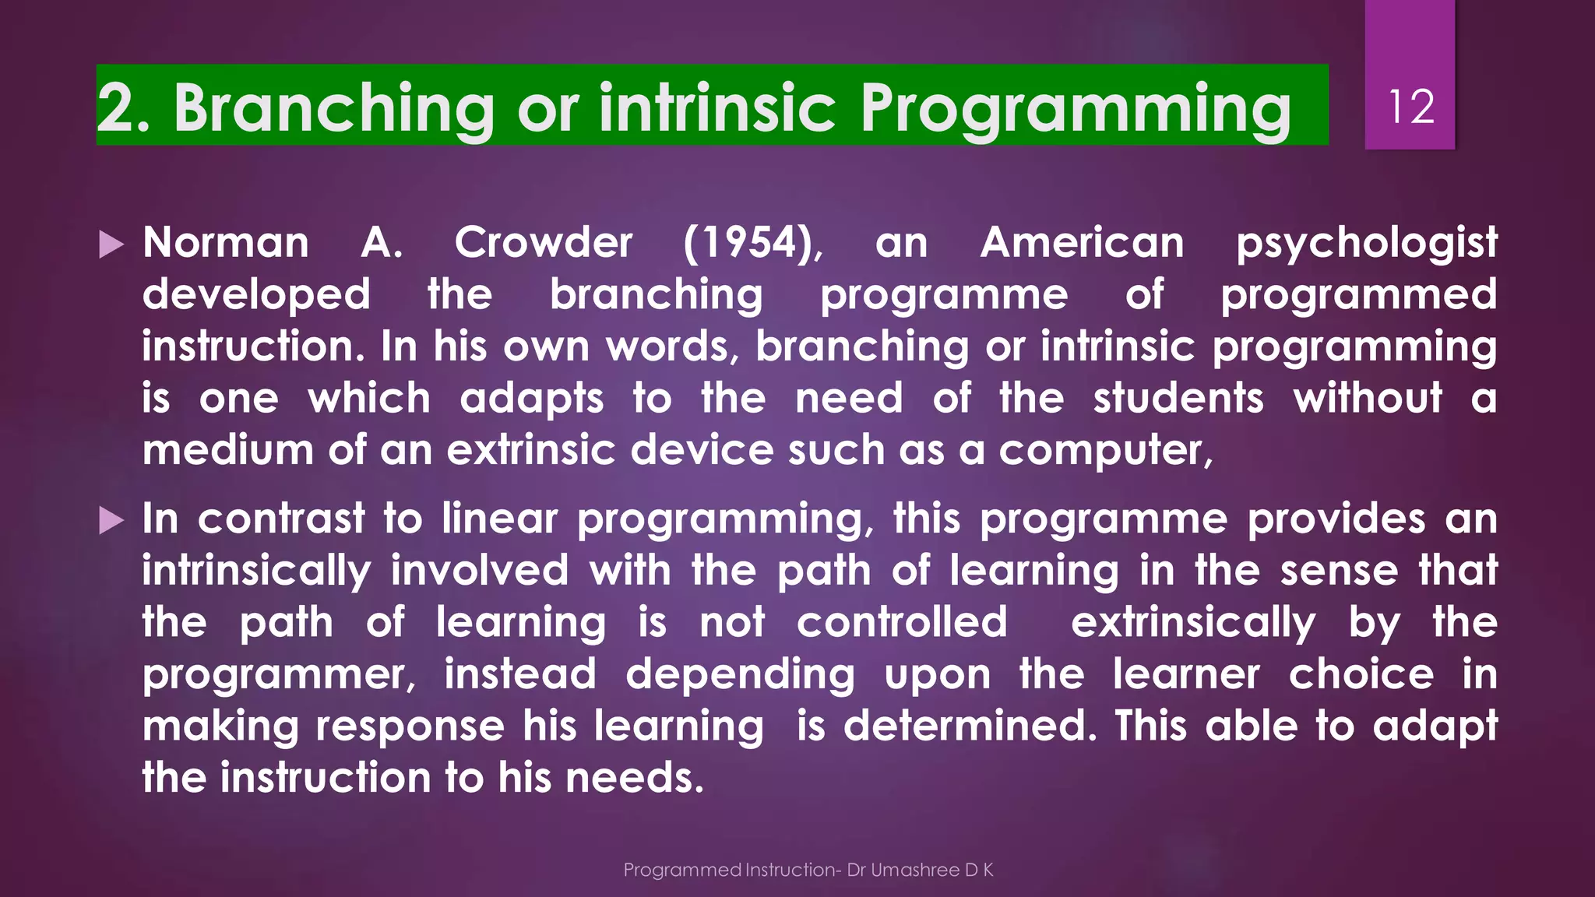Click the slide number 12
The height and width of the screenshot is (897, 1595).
[x=1410, y=107]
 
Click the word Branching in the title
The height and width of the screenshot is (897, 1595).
[x=333, y=108]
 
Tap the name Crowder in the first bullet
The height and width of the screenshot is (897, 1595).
[x=543, y=243]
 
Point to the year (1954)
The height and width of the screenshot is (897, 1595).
[x=752, y=243]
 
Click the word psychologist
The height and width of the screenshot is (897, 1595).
[x=1366, y=243]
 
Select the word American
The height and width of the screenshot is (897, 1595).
[x=1082, y=243]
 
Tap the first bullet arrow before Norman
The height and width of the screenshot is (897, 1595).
[x=111, y=245]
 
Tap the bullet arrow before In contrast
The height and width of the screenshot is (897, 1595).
[x=111, y=521]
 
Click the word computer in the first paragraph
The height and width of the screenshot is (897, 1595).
[x=1105, y=451]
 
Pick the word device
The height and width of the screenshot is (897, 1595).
[x=699, y=451]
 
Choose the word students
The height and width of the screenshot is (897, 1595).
[x=1178, y=399]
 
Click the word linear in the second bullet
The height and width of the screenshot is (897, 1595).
[x=499, y=519]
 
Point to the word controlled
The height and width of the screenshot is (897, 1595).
[x=902, y=623]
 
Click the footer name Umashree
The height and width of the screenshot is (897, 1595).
[x=914, y=871]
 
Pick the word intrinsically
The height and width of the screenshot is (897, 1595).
[x=255, y=572]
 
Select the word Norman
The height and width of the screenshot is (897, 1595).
[x=226, y=243]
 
